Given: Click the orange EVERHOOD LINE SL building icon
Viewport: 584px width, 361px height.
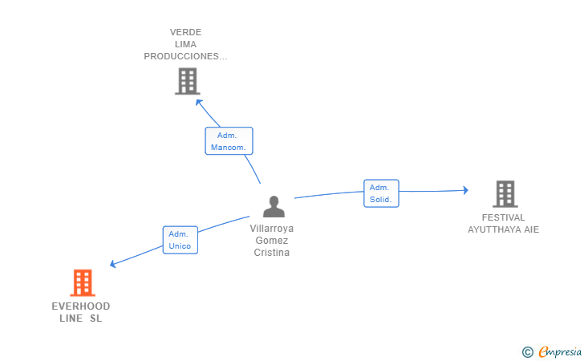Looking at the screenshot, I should (x=83, y=283).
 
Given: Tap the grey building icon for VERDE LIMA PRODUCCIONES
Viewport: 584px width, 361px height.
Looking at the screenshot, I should (x=187, y=81).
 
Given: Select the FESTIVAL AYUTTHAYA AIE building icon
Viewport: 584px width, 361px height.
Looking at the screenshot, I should (x=505, y=194).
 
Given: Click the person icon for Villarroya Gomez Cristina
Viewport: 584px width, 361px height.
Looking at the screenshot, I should (x=274, y=207).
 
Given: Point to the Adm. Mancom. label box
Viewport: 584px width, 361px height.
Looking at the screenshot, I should (x=229, y=141).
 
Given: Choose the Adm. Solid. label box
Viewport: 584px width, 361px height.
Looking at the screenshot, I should (x=381, y=193).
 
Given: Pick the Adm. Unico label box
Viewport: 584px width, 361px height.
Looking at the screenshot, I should (x=180, y=240).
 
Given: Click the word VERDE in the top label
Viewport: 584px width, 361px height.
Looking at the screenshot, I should (x=185, y=32).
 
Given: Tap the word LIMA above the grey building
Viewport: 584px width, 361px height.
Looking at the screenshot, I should (x=185, y=44).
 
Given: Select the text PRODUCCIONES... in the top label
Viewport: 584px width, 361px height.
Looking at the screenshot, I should (x=185, y=56).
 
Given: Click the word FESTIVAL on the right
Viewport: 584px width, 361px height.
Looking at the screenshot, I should (x=504, y=217).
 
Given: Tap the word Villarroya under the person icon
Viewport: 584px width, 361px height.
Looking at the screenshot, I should (x=271, y=228).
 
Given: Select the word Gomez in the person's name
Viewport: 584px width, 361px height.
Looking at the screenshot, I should (x=271, y=240).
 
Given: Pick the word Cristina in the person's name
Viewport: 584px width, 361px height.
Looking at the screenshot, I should (x=271, y=253).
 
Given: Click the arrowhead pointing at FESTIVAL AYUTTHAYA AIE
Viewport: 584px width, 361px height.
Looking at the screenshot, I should (x=464, y=190).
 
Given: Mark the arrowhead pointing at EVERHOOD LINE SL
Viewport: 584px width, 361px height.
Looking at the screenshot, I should (x=114, y=264).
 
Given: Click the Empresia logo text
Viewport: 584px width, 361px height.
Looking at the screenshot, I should (x=559, y=351).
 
